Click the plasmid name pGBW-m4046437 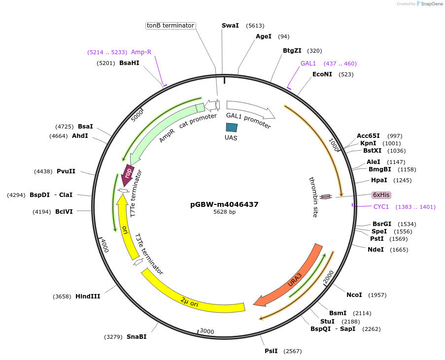pos(224,204)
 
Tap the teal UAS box pos(232,127)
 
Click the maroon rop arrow pos(128,175)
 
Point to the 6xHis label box pos(381,195)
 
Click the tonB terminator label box pos(171,26)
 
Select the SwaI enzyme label pos(230,26)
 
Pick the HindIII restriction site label pos(89,296)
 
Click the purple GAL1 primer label pos(308,64)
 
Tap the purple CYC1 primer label pos(381,207)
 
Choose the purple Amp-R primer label pos(141,52)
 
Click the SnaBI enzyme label pos(137,337)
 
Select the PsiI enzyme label pos(271,351)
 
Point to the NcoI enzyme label pos(354,295)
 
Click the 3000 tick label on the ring pos(207,331)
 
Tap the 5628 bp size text pos(224,212)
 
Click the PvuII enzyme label pos(66,171)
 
